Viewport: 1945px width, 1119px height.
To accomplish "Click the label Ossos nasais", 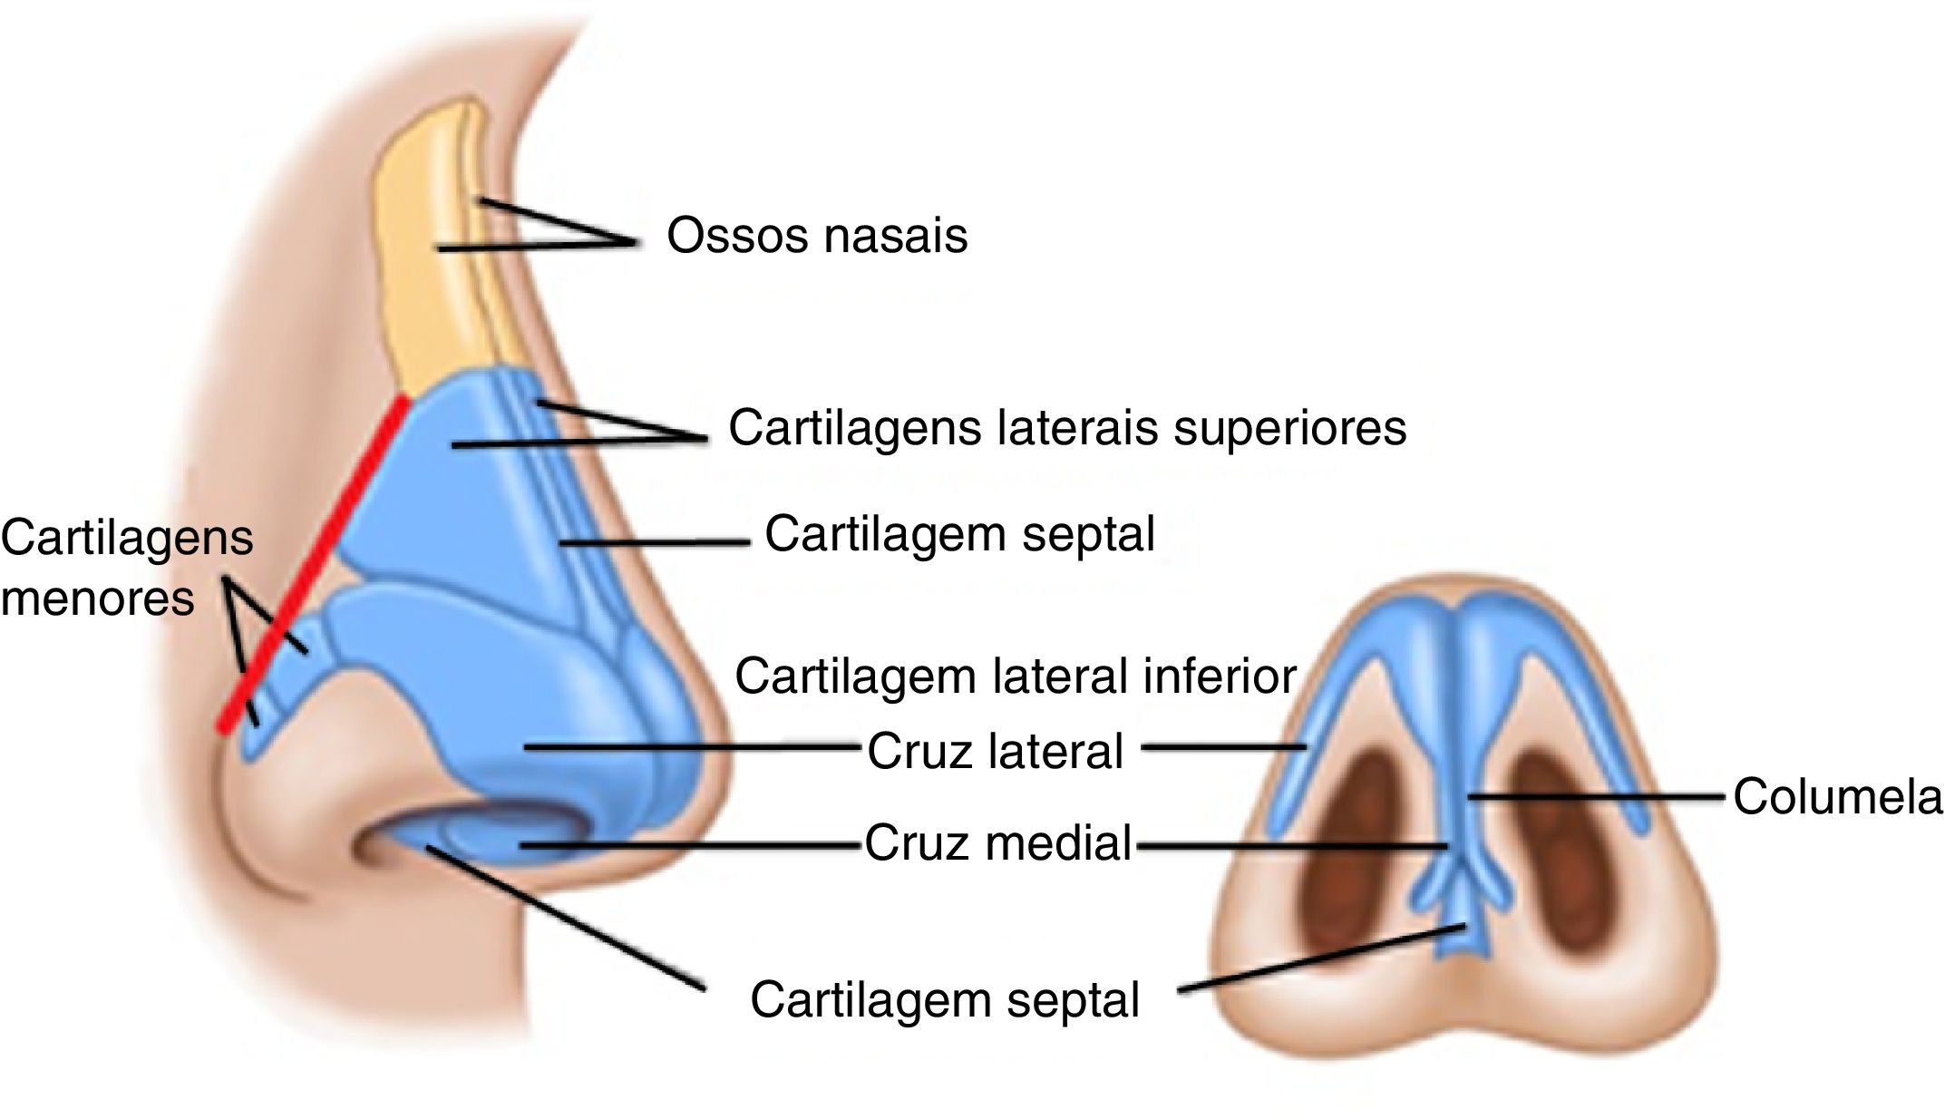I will (817, 236).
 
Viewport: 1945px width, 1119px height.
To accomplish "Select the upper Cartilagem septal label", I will (959, 534).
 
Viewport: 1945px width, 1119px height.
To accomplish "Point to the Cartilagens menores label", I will (126, 568).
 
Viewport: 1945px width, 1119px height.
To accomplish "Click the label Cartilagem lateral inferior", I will (1016, 676).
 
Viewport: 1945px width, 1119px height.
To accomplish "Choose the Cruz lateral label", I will (995, 752).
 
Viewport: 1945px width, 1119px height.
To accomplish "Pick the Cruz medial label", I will (997, 843).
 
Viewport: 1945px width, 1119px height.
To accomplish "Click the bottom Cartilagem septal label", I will (944, 1000).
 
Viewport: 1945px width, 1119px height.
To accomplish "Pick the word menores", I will (98, 598).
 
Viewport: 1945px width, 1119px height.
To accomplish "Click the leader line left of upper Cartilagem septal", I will (653, 543).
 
